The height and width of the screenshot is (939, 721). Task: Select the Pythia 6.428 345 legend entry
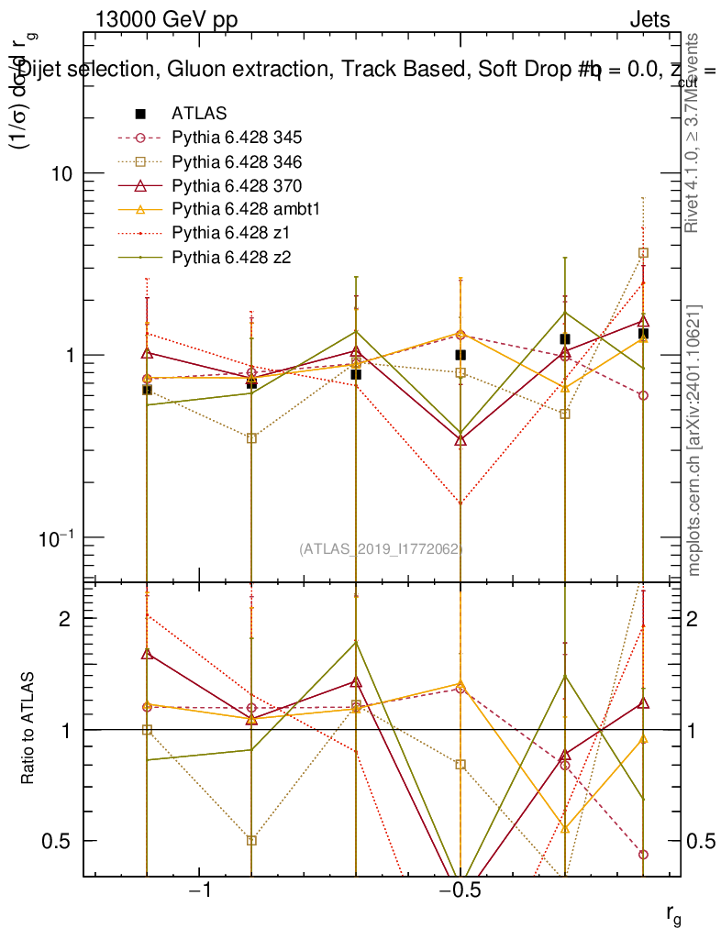pos(237,138)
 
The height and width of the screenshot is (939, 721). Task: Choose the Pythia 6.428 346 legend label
pos(237,161)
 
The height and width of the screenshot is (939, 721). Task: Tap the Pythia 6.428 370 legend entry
pos(237,185)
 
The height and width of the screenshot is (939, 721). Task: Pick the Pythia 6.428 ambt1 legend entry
pos(242,209)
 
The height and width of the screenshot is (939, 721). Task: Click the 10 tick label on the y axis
pos(61,173)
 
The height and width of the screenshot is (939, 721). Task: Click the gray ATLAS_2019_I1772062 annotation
pos(381,549)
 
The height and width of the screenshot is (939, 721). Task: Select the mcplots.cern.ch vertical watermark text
pos(694,440)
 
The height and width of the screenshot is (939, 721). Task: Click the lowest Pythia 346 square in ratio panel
pos(251,841)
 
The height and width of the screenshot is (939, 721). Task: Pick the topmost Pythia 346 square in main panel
pos(643,253)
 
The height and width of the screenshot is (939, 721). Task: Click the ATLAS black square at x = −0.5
pos(460,355)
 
